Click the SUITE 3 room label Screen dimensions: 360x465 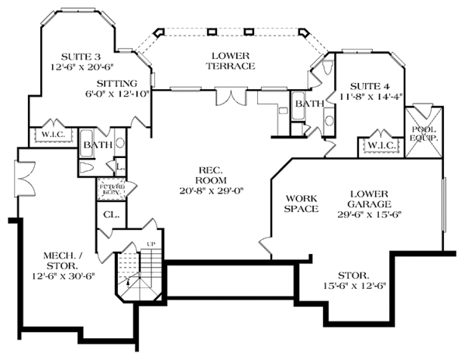click(81, 57)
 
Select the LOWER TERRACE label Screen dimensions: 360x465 click(231, 60)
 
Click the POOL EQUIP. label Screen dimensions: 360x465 click(423, 134)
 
